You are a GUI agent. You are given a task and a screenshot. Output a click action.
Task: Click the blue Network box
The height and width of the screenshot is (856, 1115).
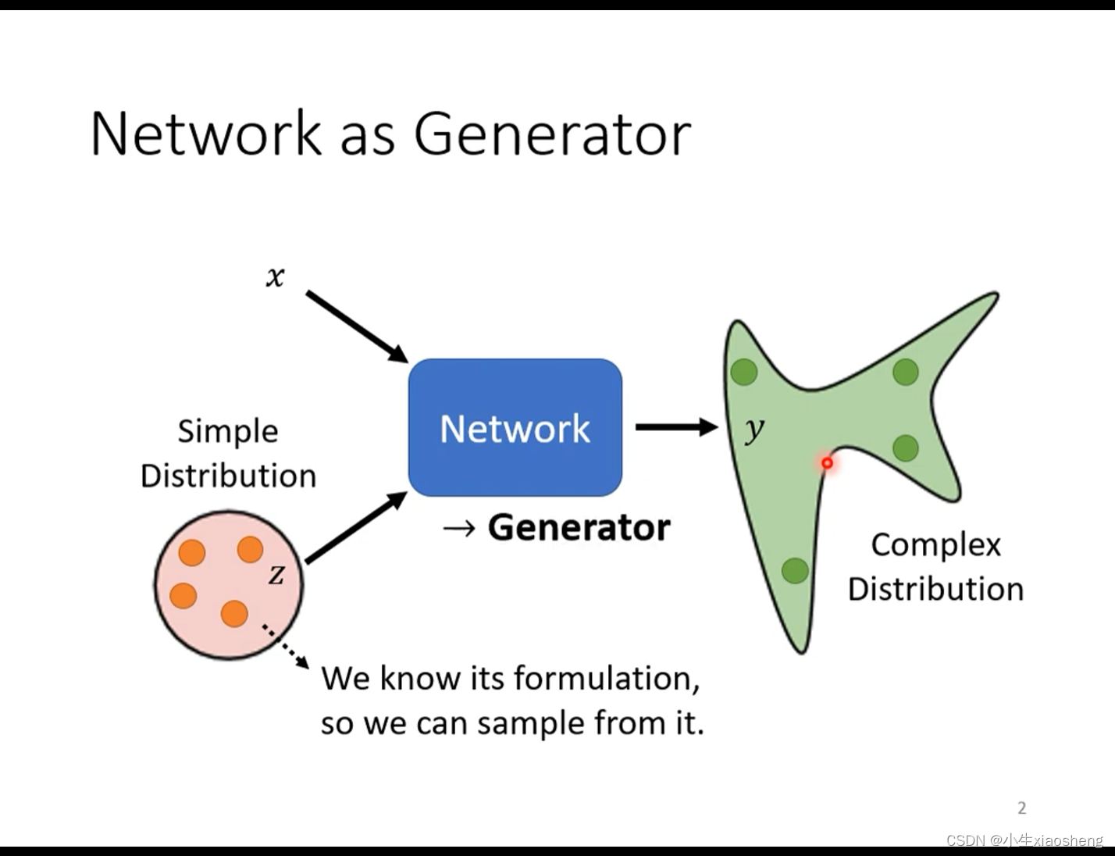pyautogui.click(x=515, y=427)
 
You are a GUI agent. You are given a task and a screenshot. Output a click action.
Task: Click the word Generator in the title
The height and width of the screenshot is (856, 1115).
pyautogui.click(x=552, y=134)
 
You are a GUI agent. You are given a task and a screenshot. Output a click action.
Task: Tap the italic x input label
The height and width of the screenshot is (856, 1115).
pyautogui.click(x=275, y=276)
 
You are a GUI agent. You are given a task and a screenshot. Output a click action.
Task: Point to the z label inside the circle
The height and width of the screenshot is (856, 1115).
pyautogui.click(x=276, y=575)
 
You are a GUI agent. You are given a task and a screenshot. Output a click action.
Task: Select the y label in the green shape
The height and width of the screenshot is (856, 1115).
pyautogui.click(x=753, y=429)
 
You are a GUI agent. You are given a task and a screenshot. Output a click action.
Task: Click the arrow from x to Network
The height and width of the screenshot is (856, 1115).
pyautogui.click(x=356, y=326)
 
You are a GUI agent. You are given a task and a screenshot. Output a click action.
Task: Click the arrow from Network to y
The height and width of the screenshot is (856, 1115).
pyautogui.click(x=676, y=426)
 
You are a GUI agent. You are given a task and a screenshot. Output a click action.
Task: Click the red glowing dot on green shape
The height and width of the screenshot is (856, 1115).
pyautogui.click(x=827, y=463)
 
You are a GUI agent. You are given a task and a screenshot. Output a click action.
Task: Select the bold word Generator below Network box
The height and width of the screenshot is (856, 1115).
pyautogui.click(x=579, y=528)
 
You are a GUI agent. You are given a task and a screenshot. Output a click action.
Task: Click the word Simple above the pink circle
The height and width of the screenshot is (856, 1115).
pyautogui.click(x=228, y=432)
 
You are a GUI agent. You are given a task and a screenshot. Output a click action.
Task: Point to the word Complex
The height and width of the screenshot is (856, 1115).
pyautogui.click(x=935, y=545)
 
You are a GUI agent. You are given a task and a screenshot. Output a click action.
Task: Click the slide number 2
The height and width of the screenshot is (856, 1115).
pyautogui.click(x=1021, y=808)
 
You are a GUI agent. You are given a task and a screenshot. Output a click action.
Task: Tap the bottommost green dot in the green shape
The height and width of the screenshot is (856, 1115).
pyautogui.click(x=795, y=571)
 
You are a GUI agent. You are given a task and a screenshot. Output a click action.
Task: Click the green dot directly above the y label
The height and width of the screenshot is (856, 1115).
pyautogui.click(x=744, y=372)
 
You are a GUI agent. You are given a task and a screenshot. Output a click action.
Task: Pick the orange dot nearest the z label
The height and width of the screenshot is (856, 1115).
pyautogui.click(x=250, y=549)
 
